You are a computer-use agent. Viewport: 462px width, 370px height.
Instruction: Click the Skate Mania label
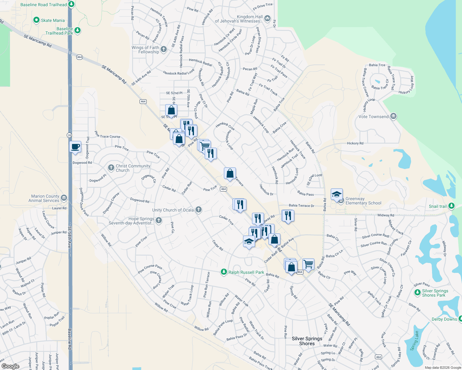[x=53, y=20]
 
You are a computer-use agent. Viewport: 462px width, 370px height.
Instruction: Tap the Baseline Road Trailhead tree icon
[x=71, y=4]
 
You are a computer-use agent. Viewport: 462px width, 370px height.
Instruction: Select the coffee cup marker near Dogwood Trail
[x=75, y=147]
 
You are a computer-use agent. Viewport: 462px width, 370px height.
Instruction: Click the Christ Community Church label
[x=133, y=168]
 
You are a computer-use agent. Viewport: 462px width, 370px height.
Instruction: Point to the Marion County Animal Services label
[x=45, y=198]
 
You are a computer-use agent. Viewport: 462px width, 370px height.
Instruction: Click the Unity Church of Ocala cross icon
[x=199, y=210]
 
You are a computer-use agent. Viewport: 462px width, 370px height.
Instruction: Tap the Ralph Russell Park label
[x=246, y=272]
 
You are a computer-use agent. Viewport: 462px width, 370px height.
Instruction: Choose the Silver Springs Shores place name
[x=307, y=341]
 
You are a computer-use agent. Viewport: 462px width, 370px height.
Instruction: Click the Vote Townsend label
[x=373, y=117]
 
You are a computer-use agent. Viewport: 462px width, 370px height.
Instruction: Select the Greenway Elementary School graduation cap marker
[x=337, y=194]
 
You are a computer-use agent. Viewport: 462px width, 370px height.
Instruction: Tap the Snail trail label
[x=438, y=206]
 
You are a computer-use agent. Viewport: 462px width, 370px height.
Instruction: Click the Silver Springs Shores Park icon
[x=417, y=292]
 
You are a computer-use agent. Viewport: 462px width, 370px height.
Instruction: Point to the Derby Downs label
[x=444, y=319]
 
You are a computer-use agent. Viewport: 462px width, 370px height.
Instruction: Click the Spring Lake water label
[x=414, y=341]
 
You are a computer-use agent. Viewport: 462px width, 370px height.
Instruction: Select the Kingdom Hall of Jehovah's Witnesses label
[x=239, y=19]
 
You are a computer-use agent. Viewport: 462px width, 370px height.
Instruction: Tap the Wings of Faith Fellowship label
[x=145, y=50]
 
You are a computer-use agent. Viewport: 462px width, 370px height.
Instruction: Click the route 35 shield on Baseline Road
[x=69, y=135]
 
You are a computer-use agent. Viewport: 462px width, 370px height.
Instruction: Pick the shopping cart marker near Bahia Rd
[x=308, y=264]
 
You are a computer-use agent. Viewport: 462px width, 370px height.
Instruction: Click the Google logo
[x=10, y=366]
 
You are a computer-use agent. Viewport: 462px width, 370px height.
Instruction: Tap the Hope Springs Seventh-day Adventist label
[x=131, y=221]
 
